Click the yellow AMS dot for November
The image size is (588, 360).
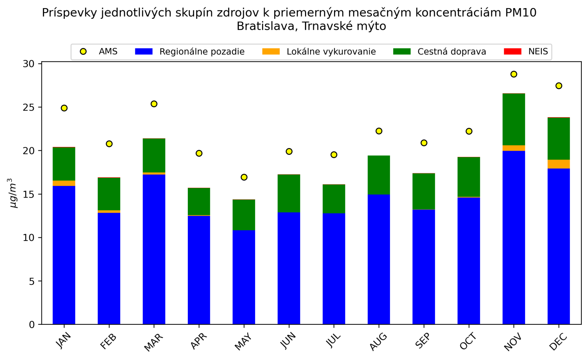point(513,74)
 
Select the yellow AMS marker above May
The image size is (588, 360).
point(244,177)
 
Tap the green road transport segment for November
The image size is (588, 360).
point(513,119)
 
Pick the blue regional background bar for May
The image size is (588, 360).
point(244,277)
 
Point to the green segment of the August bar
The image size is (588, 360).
point(379,175)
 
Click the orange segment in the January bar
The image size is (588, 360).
point(64,183)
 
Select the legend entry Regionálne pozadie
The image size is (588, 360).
point(202,52)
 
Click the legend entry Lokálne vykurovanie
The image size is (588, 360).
point(331,52)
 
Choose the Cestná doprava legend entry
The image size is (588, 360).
point(451,52)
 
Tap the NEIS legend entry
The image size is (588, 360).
point(538,52)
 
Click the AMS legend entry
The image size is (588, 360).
point(108,52)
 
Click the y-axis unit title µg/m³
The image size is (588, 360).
point(13,193)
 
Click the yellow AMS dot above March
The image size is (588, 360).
point(154,104)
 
